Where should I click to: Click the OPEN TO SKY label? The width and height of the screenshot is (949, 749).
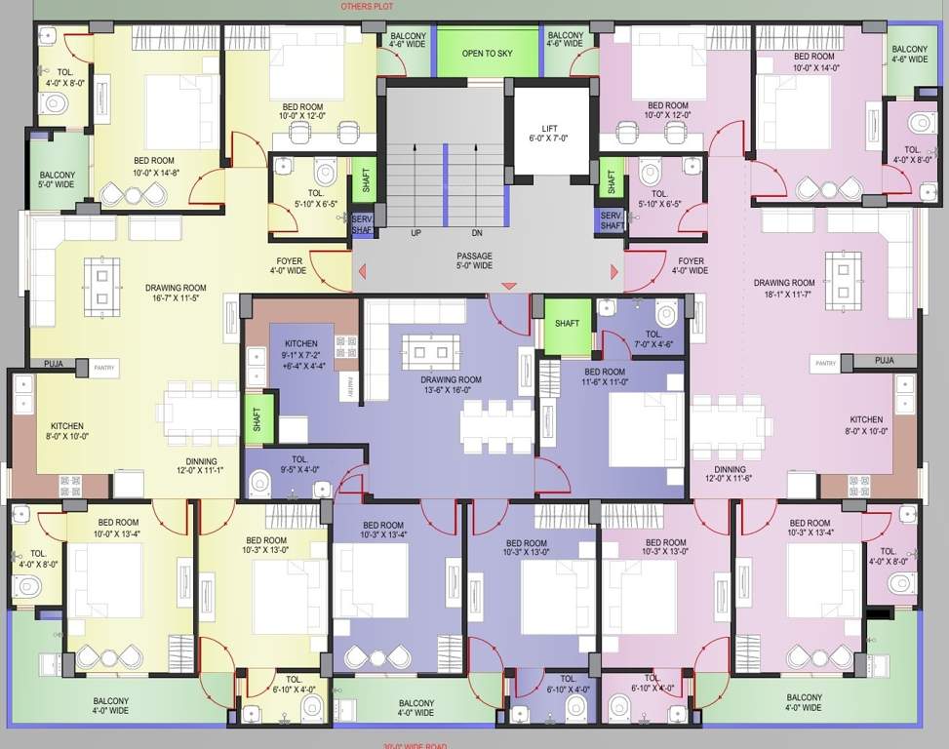[x=486, y=54]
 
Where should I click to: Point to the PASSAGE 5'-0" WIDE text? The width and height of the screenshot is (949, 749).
[x=474, y=261]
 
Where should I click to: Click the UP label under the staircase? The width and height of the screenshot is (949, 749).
[x=416, y=233]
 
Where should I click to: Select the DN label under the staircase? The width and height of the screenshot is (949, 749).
[x=476, y=233]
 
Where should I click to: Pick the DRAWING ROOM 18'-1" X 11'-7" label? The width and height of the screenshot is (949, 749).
[x=783, y=289]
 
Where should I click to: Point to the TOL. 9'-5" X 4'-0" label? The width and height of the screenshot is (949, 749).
[x=299, y=465]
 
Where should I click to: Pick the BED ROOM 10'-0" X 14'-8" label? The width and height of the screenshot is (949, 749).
[x=154, y=166]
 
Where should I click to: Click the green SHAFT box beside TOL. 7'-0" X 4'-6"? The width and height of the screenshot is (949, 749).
[x=567, y=325]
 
